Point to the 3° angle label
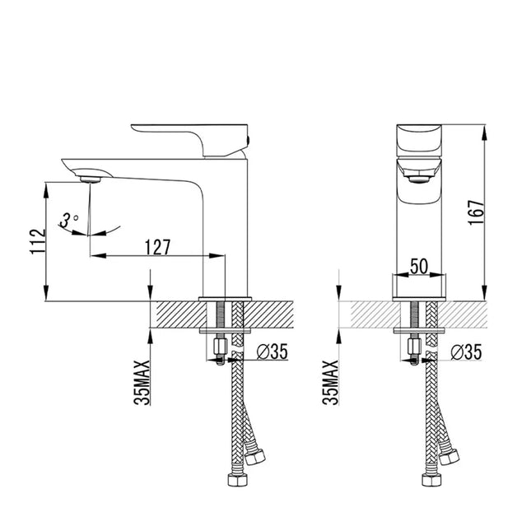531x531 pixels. (x=69, y=220)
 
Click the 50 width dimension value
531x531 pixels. (x=418, y=265)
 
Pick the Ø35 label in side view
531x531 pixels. (x=272, y=352)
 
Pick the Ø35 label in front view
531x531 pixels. (x=467, y=352)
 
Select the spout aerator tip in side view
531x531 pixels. (x=90, y=176)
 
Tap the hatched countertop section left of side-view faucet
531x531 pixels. (x=177, y=314)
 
